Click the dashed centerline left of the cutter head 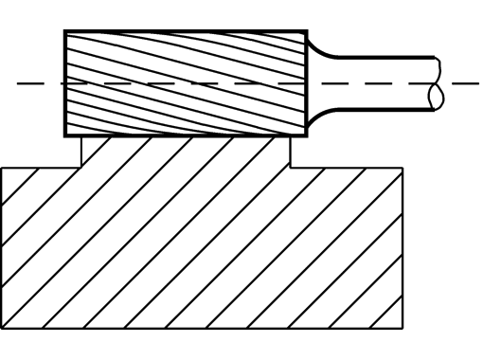click(x=38, y=83)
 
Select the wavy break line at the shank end click(x=437, y=83)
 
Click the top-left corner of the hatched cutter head click(x=64, y=31)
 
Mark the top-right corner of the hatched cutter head click(x=307, y=31)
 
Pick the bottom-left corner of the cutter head click(x=64, y=136)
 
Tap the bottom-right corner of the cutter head click(x=307, y=136)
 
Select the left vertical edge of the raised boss click(x=82, y=153)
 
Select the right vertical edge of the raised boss click(x=290, y=153)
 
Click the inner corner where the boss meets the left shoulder click(x=82, y=168)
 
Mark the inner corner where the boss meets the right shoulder click(x=290, y=168)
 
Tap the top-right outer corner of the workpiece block click(x=405, y=168)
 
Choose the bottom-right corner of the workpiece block click(x=405, y=330)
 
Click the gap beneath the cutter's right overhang click(x=299, y=152)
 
